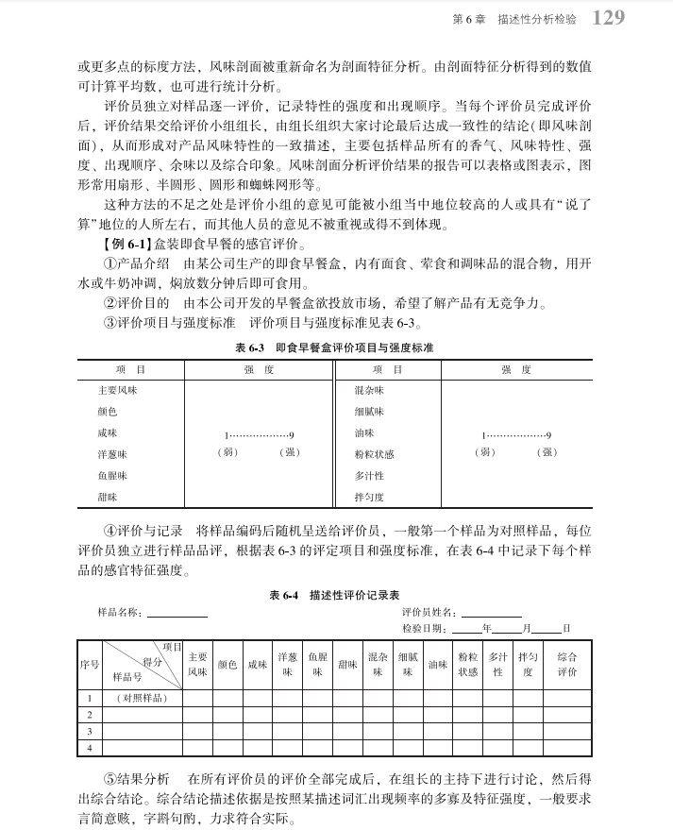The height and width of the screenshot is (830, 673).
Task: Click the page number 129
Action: [x=607, y=18]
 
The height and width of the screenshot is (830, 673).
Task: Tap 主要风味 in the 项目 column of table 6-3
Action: [x=118, y=389]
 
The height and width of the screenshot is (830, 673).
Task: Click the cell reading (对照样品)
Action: [x=142, y=698]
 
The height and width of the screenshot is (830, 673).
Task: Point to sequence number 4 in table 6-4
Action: [x=89, y=747]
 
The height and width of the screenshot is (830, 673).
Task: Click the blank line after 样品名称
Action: [x=176, y=614]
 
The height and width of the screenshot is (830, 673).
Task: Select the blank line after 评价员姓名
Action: [x=491, y=614]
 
